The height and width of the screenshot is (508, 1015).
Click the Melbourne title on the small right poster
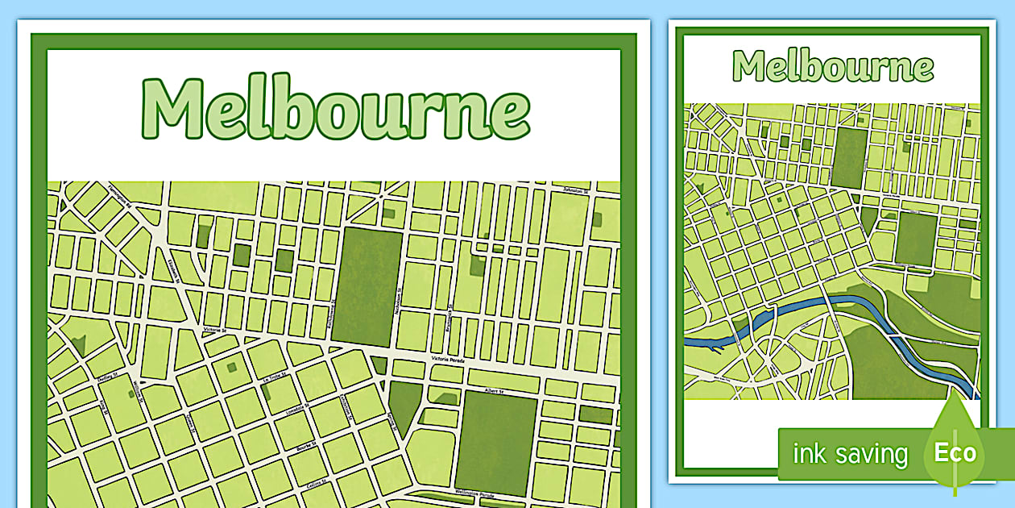point(833,66)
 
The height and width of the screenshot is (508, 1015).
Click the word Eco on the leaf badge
point(955,452)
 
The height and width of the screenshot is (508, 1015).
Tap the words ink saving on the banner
point(850,454)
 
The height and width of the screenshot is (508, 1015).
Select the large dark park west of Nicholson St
point(367,286)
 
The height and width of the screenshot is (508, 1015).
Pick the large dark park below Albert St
point(496,443)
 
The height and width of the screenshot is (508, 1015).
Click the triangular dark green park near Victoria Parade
point(404,403)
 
